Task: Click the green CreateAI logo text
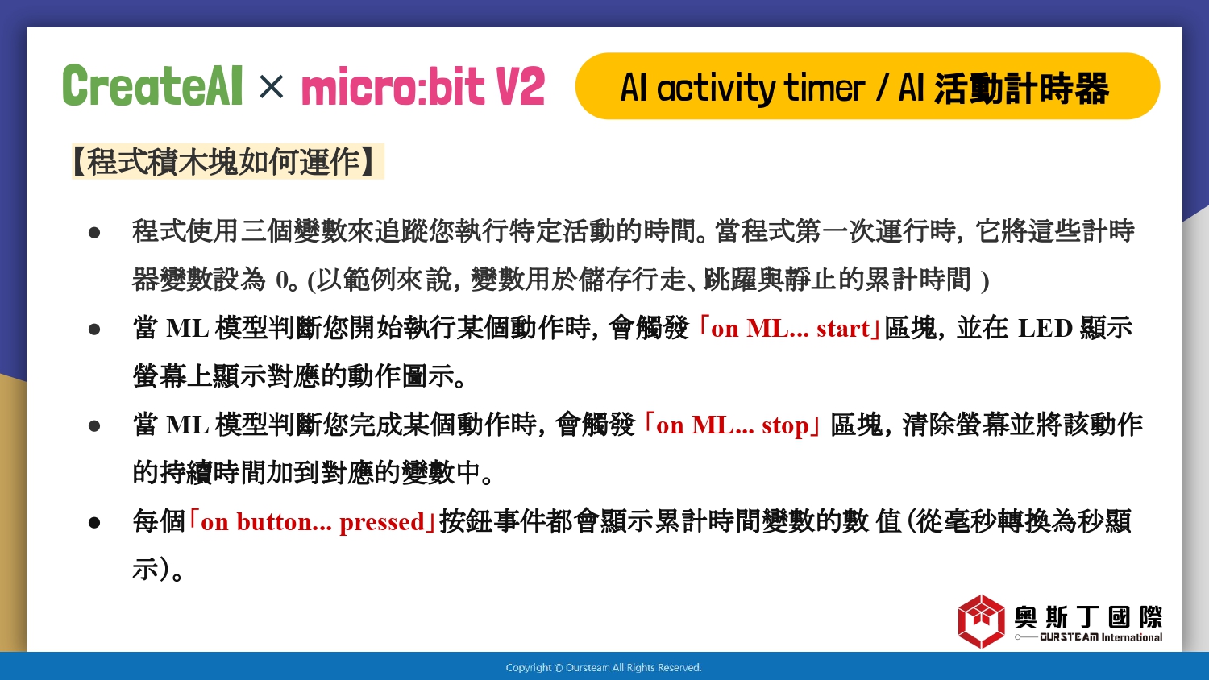152,85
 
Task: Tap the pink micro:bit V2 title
423,86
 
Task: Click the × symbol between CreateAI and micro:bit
271,86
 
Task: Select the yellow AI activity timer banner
867,86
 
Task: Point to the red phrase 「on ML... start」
789,328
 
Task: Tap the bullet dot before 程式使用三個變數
94,233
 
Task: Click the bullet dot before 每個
94,522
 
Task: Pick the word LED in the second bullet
1045,328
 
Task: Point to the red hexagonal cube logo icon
981,621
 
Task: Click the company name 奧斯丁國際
1088,617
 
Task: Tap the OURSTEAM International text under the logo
1101,637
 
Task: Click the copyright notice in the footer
604,668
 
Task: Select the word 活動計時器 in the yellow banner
1021,88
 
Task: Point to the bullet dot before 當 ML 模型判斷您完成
94,426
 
